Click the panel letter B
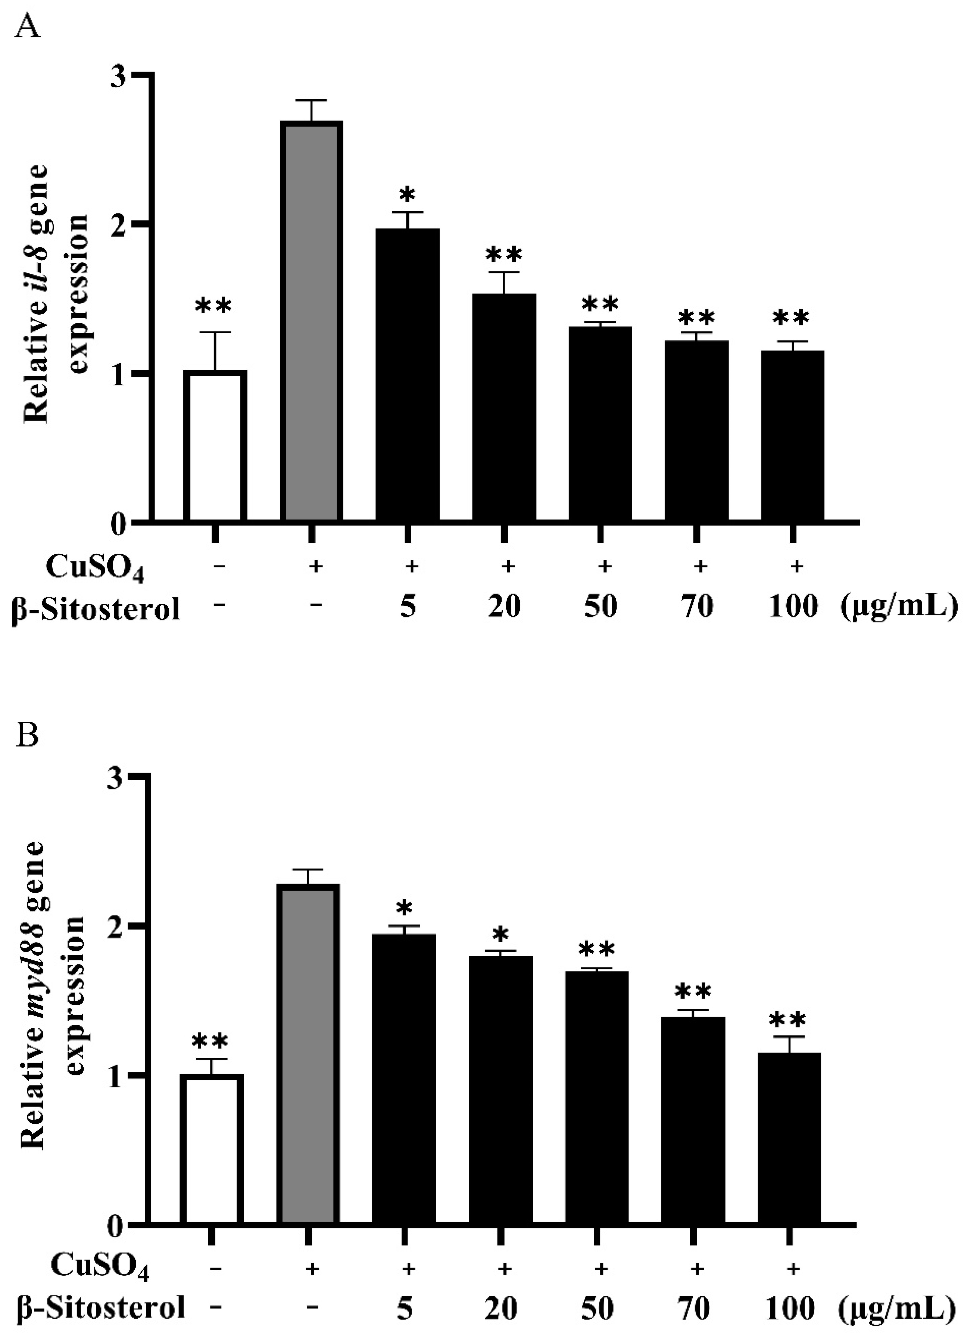pos(28,734)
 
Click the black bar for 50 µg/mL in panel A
pos(600,424)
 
